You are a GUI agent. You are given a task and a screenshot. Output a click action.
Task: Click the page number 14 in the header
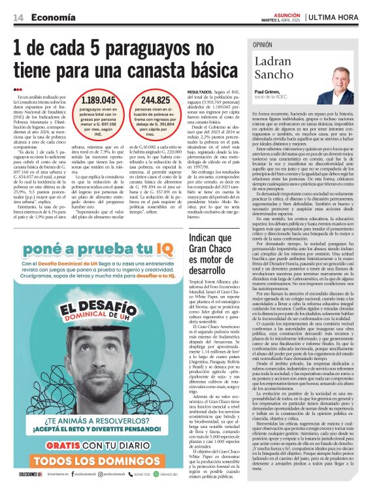18,18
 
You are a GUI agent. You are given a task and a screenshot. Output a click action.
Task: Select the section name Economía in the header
52,18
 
